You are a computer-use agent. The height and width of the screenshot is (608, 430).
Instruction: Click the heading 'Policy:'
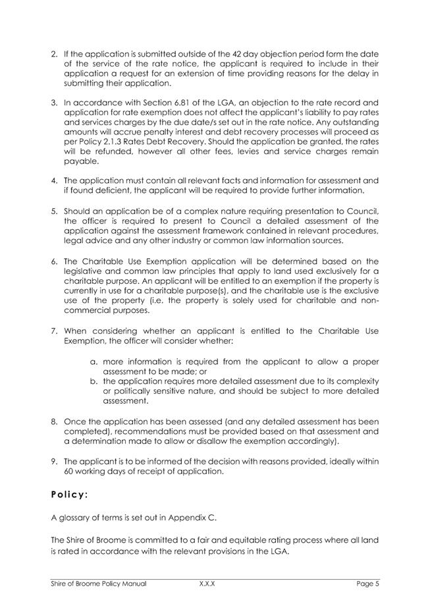(x=74, y=493)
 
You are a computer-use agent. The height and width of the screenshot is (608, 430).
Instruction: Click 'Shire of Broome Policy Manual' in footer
(x=98, y=584)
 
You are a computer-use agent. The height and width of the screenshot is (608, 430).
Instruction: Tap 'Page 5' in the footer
(x=368, y=584)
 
